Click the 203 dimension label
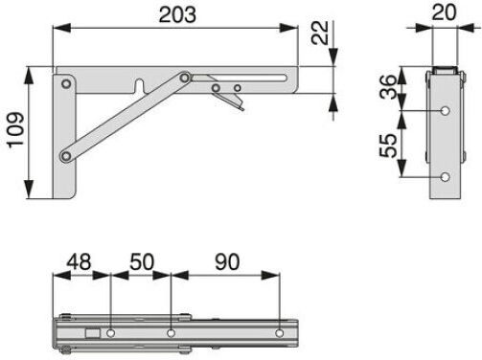177,14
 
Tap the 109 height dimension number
15,130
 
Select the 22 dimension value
320,33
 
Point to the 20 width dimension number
444,12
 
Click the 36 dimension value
388,87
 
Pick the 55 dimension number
388,146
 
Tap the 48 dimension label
79,261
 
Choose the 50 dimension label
142,261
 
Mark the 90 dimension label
227,261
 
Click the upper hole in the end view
445,111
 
